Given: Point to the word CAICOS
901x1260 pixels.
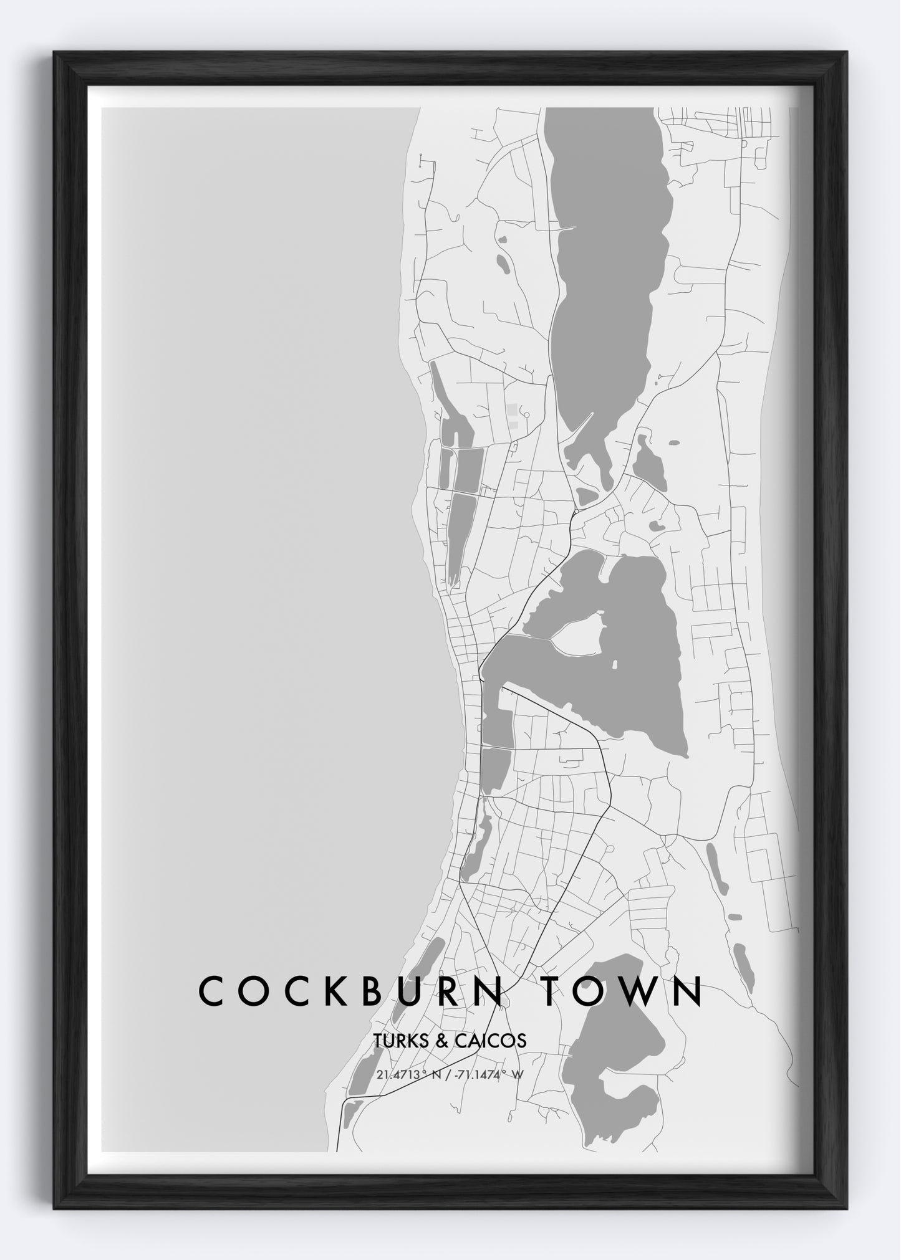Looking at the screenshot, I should pos(492,1041).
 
